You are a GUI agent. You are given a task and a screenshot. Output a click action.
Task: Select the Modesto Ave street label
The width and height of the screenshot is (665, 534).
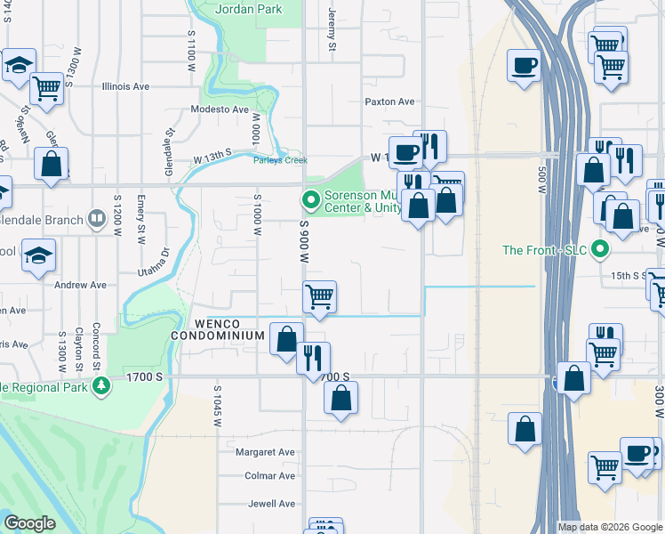(220, 109)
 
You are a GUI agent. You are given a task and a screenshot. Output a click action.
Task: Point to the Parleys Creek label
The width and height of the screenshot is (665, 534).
(280, 160)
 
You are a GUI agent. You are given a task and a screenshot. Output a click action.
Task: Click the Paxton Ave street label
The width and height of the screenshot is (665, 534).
(389, 102)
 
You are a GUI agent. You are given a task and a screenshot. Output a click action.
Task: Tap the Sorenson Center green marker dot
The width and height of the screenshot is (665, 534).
(310, 198)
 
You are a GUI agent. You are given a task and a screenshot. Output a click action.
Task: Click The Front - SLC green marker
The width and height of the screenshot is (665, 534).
(600, 250)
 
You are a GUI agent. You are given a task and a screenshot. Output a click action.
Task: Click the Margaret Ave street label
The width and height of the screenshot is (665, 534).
(265, 452)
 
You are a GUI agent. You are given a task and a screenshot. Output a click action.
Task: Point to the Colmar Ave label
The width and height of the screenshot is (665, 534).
(271, 476)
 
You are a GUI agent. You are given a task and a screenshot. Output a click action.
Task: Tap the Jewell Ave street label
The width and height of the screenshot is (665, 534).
(272, 504)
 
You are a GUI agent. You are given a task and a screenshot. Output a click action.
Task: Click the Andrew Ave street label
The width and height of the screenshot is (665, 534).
(80, 286)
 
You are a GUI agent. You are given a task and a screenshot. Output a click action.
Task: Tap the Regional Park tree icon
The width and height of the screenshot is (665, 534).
(102, 385)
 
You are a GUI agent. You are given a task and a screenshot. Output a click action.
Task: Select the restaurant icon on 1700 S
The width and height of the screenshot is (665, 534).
(313, 358)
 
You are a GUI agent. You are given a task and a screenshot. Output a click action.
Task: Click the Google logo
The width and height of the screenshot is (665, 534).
(29, 523)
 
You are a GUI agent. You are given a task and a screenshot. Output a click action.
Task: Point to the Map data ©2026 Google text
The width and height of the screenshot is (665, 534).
(609, 527)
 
